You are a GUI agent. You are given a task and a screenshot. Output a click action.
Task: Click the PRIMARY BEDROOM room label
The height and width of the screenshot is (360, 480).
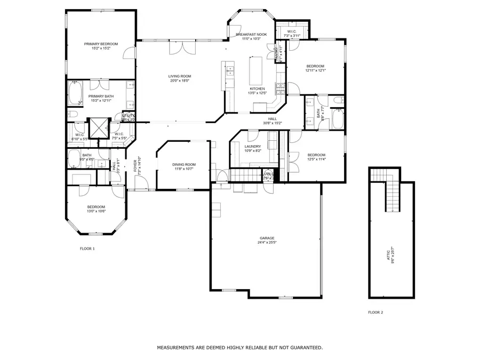click(101, 44)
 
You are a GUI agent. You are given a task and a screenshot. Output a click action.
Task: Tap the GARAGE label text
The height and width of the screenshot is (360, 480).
click(267, 238)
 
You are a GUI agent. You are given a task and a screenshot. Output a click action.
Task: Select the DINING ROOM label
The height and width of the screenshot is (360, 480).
click(183, 164)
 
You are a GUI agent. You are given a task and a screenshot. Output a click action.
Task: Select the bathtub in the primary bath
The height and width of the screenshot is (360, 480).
click(74, 93)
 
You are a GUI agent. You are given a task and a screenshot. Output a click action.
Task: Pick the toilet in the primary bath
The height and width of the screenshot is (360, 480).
click(74, 115)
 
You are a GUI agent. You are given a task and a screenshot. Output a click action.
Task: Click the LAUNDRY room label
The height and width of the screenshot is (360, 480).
click(252, 146)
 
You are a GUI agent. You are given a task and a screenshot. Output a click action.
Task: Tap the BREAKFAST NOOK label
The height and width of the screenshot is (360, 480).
click(251, 34)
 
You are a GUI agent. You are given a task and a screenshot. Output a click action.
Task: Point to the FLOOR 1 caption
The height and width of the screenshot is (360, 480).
click(87, 249)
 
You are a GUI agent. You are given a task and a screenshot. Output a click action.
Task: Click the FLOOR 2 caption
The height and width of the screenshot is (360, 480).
click(375, 313)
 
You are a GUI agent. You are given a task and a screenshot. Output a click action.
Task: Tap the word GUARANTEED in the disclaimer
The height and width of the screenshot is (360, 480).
click(305, 348)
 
